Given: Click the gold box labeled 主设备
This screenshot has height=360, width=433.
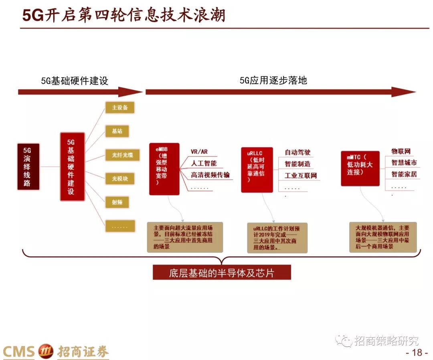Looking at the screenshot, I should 120,107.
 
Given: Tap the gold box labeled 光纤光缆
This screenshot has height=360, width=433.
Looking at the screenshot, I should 122,155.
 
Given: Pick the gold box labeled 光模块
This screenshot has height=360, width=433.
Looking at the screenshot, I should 119,178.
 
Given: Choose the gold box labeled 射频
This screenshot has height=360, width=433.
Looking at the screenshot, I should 117,202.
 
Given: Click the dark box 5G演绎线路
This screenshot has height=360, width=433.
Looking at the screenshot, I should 28,166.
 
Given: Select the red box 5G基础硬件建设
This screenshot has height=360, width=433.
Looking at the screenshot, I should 72,166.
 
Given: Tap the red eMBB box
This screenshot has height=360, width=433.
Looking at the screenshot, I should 164,169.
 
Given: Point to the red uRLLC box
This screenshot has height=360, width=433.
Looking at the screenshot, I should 257,170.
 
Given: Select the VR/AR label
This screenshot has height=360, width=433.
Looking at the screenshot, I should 199,152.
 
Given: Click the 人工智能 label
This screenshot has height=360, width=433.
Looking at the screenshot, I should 204,163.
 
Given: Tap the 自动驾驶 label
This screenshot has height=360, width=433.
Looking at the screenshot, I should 297,152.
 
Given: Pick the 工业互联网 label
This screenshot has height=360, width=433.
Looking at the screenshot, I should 301,176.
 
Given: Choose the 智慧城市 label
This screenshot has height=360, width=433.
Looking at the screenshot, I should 404,163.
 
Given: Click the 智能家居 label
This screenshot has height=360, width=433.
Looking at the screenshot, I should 404,174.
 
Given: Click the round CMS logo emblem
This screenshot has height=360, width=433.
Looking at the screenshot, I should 45,352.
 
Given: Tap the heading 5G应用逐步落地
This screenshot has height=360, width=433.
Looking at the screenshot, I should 273,80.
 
